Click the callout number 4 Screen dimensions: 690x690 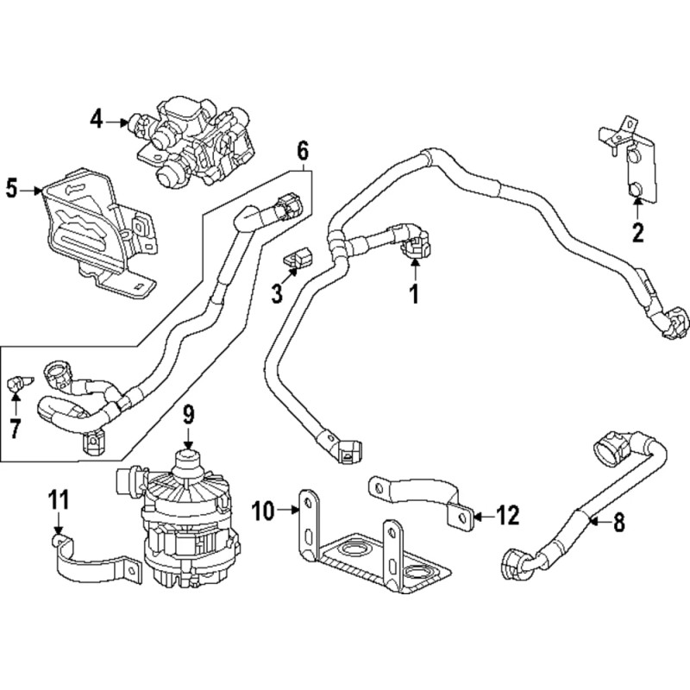coord(97,120)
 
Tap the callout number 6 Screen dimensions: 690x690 coord(302,152)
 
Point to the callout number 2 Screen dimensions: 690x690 coord(638,231)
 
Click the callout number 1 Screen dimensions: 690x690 coord(414,294)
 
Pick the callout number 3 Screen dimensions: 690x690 coord(277,294)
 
